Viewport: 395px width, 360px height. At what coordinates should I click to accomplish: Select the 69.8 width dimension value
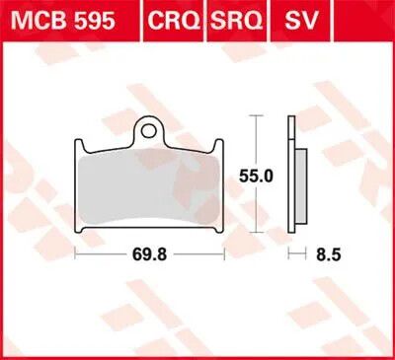pos(150,252)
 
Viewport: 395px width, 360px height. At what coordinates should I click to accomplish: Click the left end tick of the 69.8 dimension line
pos(77,252)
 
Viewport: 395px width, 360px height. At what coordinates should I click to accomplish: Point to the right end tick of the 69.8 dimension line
pos(226,252)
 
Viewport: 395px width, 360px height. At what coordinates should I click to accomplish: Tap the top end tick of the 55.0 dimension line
pos(258,115)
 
